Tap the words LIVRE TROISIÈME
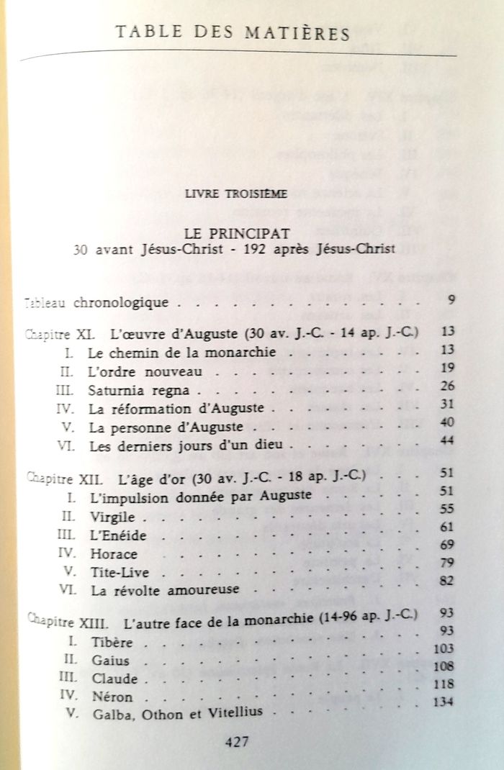tap(235, 192)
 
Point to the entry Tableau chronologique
tap(97, 302)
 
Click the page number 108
tap(444, 666)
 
